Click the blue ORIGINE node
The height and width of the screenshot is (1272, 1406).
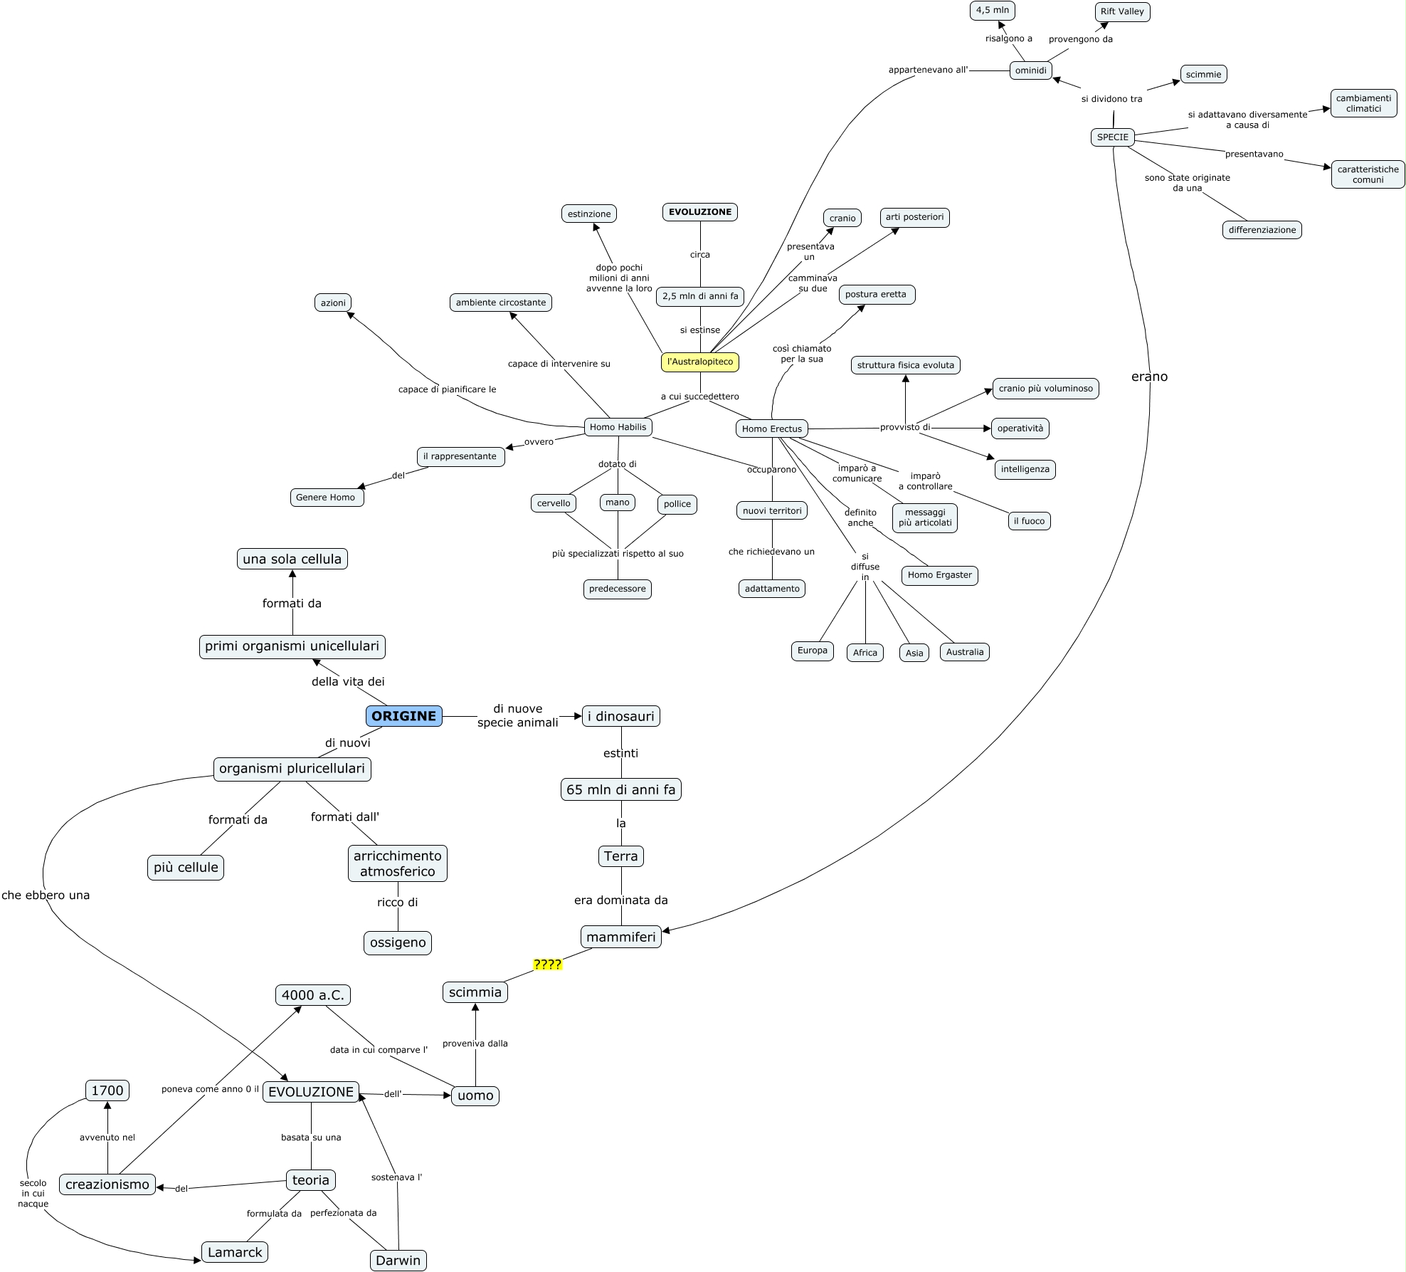[x=403, y=716]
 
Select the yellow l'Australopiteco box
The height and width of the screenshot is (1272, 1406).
[x=700, y=362]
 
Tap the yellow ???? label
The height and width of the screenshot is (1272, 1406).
[x=547, y=964]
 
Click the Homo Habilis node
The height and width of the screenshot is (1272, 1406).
[x=618, y=427]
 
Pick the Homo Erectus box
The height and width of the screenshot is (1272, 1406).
[x=771, y=429]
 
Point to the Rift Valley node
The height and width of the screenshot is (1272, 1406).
[x=1122, y=11]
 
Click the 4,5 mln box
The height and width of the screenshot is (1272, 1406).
[x=992, y=10]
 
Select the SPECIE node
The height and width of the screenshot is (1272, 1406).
[x=1112, y=137]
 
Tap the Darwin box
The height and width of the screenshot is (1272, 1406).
[x=398, y=1260]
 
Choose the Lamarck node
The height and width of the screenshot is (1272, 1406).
[x=235, y=1252]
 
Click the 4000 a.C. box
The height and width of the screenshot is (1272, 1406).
[x=312, y=995]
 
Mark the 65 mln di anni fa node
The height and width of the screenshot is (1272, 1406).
[x=620, y=789]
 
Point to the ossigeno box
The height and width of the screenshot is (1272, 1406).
[x=398, y=942]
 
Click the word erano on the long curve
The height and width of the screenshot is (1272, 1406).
[x=1149, y=377]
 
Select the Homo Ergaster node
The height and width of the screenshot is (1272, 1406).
[x=939, y=575]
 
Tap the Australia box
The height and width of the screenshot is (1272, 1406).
[x=964, y=652]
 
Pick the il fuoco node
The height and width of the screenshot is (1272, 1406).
[x=1029, y=521]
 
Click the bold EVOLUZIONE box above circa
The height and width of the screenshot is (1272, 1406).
[x=700, y=212]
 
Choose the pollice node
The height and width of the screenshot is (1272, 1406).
[x=677, y=504]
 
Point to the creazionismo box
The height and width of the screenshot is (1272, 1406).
[x=107, y=1184]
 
